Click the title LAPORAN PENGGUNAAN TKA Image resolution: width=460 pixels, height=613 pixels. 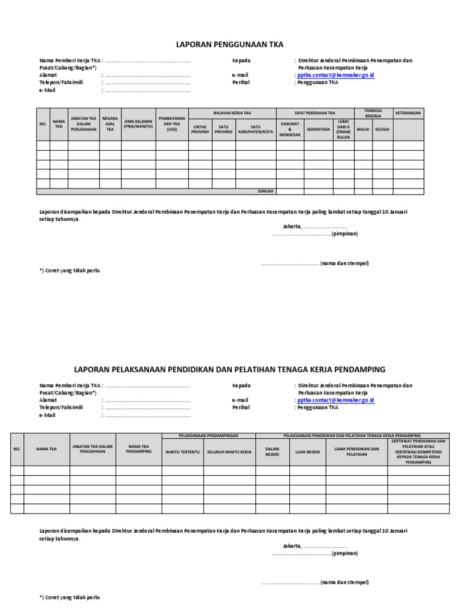pos(229,45)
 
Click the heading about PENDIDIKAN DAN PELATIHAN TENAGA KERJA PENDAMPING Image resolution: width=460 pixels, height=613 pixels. pos(229,369)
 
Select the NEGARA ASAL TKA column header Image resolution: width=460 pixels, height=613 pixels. pos(110,124)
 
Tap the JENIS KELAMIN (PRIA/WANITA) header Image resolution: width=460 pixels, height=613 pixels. pos(138,124)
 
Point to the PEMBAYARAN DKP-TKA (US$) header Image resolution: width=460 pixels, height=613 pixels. pos(172,124)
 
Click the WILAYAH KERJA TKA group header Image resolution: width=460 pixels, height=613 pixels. pos(232,113)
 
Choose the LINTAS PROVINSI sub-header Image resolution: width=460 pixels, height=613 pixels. pos(200,129)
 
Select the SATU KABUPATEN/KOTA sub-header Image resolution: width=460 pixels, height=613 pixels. pos(256,129)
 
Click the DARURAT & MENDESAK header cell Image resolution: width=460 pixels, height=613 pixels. pos(290,129)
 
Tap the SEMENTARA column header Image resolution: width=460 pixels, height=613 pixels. pos(319,129)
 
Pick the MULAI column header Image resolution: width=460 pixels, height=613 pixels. pos(363,129)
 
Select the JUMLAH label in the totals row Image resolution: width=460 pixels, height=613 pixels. pos(265,192)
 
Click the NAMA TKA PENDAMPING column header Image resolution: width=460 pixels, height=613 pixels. pos(138,448)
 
